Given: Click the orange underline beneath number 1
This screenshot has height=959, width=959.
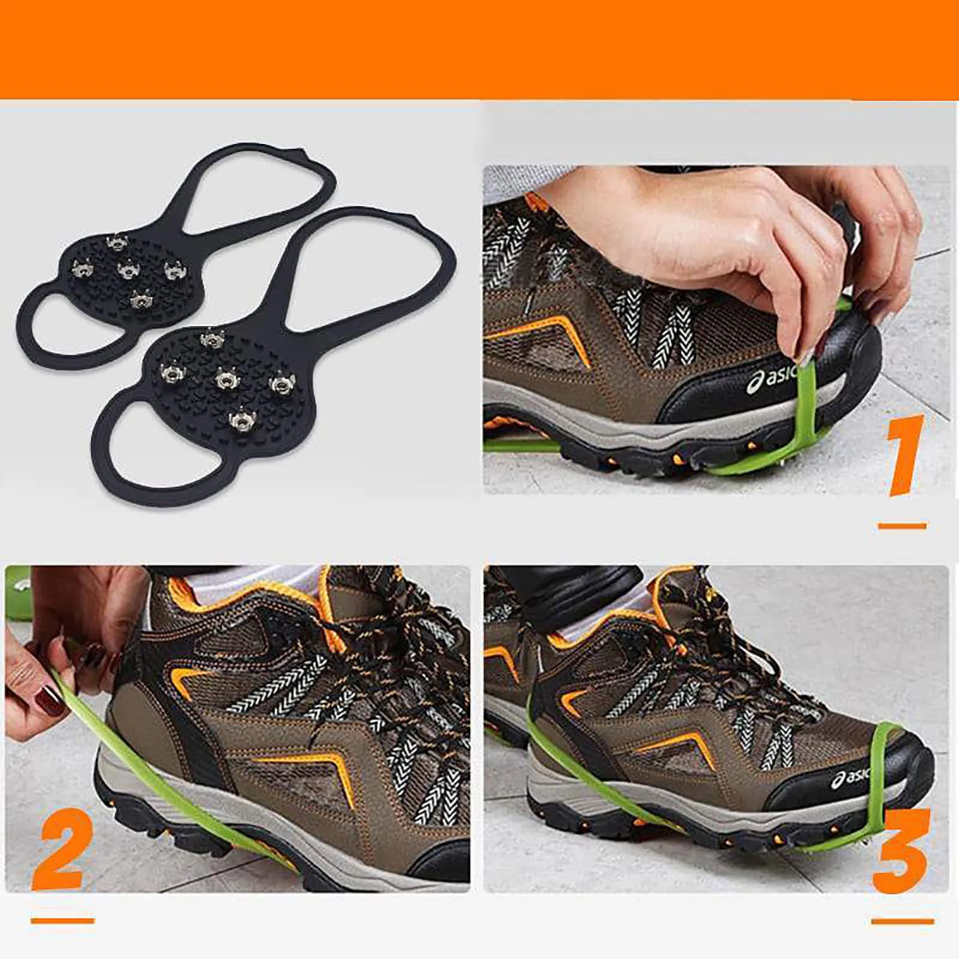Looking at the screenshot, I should pos(902,526).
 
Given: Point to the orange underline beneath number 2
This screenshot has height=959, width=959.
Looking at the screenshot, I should pos(62,920).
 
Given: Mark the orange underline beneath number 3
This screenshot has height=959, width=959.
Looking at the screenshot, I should pos(902,921).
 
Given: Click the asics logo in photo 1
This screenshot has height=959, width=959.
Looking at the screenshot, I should pos(773,379).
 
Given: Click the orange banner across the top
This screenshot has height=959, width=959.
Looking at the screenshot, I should pos(479,48).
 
